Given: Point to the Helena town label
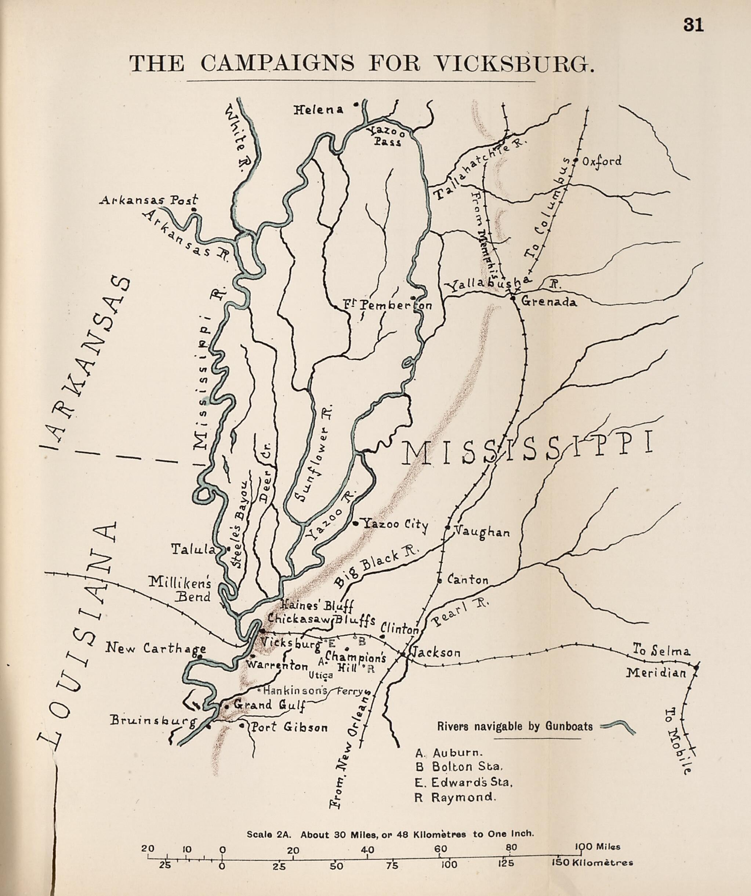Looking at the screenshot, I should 318,110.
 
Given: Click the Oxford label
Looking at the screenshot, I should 602,162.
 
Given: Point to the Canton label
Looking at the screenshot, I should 468,580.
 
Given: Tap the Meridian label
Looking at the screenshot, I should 656,674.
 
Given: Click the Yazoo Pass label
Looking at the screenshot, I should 387,137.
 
